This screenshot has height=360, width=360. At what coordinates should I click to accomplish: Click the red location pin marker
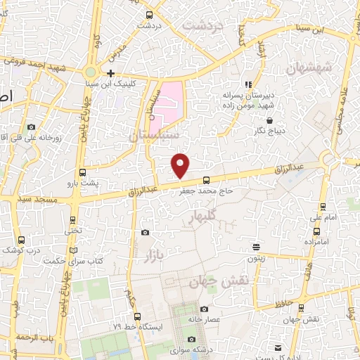coord(181,165)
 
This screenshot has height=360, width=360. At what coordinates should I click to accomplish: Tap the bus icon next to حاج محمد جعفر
coord(206,179)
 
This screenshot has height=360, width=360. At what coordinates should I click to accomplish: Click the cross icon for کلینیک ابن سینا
coord(110,73)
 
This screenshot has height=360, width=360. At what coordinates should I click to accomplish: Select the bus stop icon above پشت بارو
coord(82,172)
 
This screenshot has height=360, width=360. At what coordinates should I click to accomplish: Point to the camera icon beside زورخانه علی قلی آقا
coord(31,127)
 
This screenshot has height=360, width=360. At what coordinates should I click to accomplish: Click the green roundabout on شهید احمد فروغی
coord(91,72)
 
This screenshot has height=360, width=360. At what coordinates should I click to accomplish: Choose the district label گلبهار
coord(200,218)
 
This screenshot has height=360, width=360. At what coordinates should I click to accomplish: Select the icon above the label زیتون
coord(257,247)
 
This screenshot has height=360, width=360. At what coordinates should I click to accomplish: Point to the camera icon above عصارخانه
coord(204,309)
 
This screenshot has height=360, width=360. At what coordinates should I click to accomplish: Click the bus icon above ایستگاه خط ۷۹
coord(137,316)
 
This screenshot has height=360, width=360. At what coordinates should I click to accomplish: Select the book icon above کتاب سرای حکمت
coord(74,250)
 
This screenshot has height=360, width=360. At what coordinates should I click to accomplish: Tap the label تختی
coord(73,229)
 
